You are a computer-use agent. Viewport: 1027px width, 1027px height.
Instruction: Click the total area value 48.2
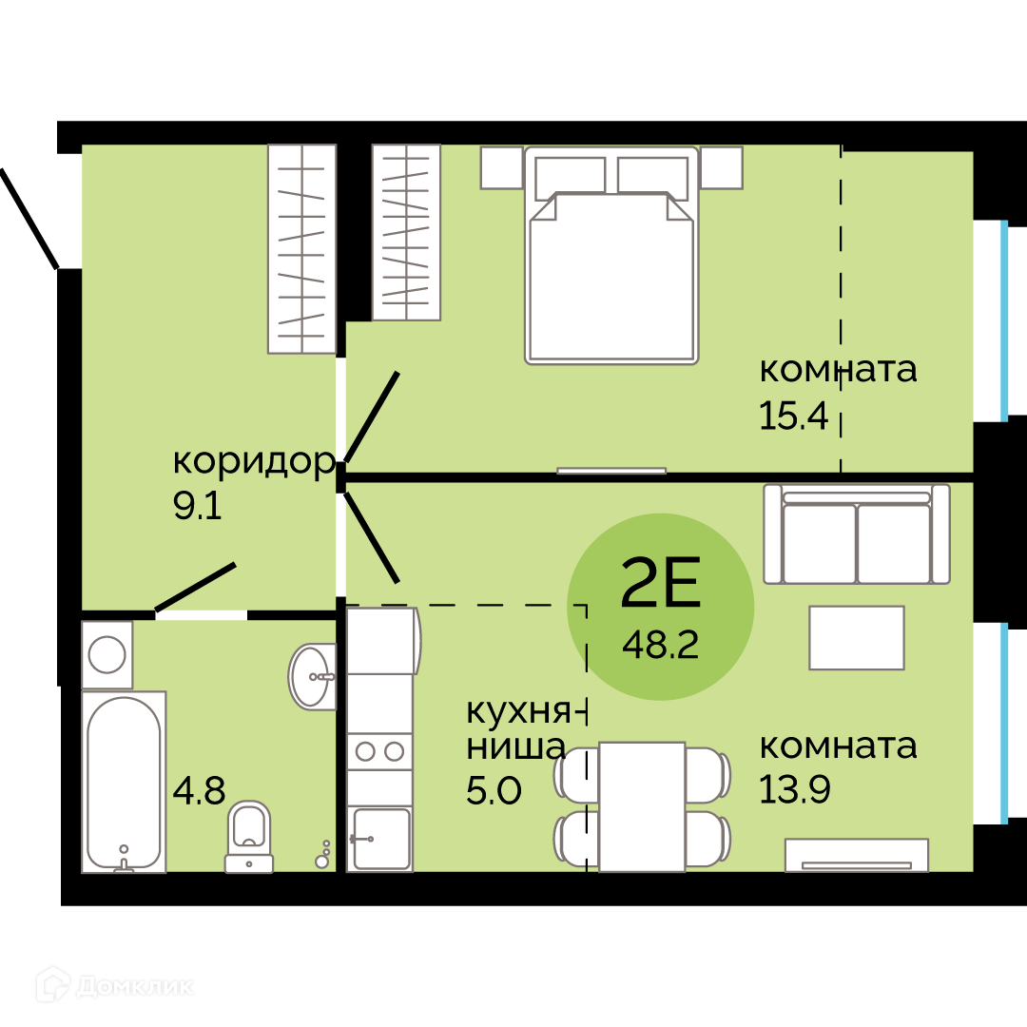pos(660,645)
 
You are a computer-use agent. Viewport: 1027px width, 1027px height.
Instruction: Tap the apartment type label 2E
pos(660,582)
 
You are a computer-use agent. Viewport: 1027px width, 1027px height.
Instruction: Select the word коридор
pos(254,462)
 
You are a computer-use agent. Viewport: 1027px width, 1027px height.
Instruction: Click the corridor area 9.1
pos(197,506)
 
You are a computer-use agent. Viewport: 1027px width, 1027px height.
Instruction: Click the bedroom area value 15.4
pos(794,416)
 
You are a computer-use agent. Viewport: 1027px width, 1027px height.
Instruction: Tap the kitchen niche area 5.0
pos(494,790)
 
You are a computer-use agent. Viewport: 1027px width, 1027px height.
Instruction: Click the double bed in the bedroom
pos(611,255)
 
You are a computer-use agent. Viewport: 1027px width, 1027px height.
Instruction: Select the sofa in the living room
pos(857,533)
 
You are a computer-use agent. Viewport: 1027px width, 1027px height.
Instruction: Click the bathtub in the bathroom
pos(124,782)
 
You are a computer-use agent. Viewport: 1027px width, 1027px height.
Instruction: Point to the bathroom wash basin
pos(312,676)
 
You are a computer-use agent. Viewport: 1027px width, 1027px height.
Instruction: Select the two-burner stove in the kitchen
pos(379,751)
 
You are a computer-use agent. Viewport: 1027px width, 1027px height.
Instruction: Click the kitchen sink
pos(379,839)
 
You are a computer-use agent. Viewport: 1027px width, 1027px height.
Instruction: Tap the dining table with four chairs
pos(642,807)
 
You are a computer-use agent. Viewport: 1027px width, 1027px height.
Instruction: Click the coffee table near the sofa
pos(857,637)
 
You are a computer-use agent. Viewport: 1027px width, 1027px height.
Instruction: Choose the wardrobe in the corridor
pos(302,249)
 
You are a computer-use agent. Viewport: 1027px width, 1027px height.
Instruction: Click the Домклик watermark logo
pos(115,986)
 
